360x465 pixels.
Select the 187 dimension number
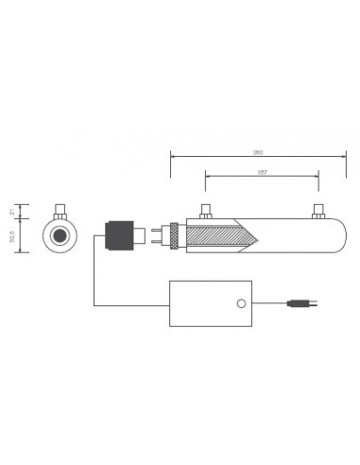point(262,172)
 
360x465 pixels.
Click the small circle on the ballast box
point(240,304)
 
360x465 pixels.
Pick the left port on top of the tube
point(204,211)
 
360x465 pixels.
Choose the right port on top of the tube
point(317,211)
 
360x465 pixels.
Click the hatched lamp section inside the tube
point(223,233)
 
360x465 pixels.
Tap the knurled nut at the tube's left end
point(174,233)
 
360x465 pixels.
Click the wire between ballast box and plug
point(275,304)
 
